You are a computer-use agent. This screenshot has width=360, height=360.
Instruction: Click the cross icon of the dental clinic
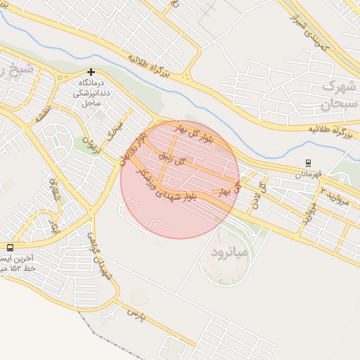91,72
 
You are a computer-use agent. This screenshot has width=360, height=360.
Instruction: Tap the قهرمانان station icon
308,162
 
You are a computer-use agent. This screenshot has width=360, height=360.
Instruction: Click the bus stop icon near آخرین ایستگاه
10,247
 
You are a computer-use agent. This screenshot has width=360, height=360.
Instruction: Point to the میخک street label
115,129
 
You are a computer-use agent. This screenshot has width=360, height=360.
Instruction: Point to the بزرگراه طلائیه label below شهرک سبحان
330,131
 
